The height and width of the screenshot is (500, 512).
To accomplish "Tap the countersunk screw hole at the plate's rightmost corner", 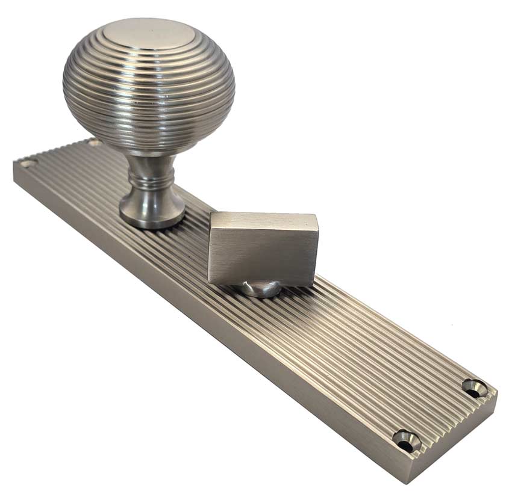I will click(x=474, y=387).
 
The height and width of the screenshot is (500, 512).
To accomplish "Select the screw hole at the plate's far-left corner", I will click(x=26, y=163).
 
